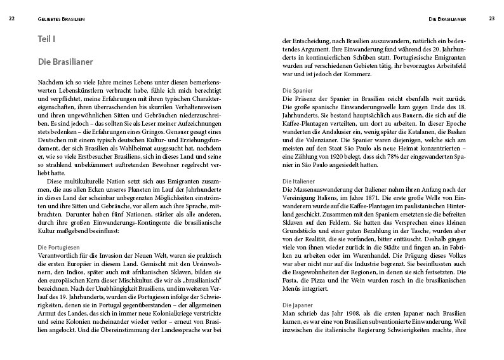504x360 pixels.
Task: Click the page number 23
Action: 491,18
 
